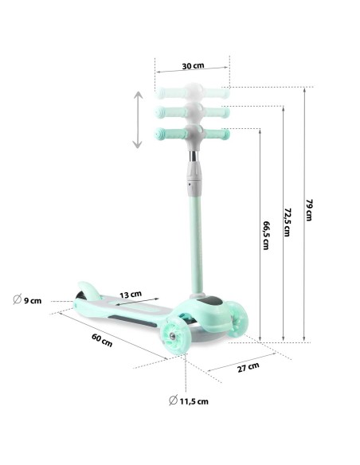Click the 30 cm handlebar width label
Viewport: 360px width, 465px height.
coord(193,65)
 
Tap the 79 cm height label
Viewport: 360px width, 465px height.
coord(309,210)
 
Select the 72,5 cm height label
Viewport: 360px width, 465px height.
coord(287,222)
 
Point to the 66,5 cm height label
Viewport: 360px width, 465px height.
coord(266,235)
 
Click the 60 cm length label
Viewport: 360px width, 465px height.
coord(102,340)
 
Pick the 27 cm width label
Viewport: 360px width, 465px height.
coord(248,367)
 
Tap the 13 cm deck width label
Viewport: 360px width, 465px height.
coord(131,295)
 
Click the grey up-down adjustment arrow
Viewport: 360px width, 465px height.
coord(138,119)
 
